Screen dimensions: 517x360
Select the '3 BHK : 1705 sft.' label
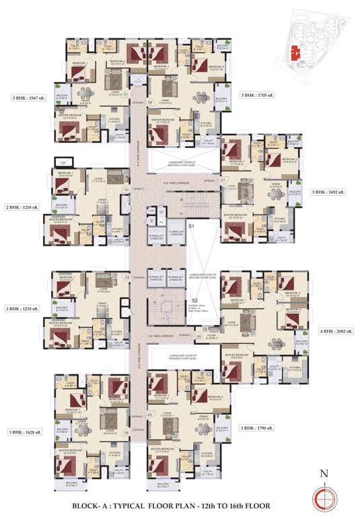click(x=258, y=96)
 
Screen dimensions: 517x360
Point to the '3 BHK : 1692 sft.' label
click(x=328, y=192)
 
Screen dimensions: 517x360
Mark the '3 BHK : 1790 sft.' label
click(x=258, y=427)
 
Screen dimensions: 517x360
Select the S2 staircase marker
click(x=194, y=300)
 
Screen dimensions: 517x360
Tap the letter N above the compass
click(x=324, y=474)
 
